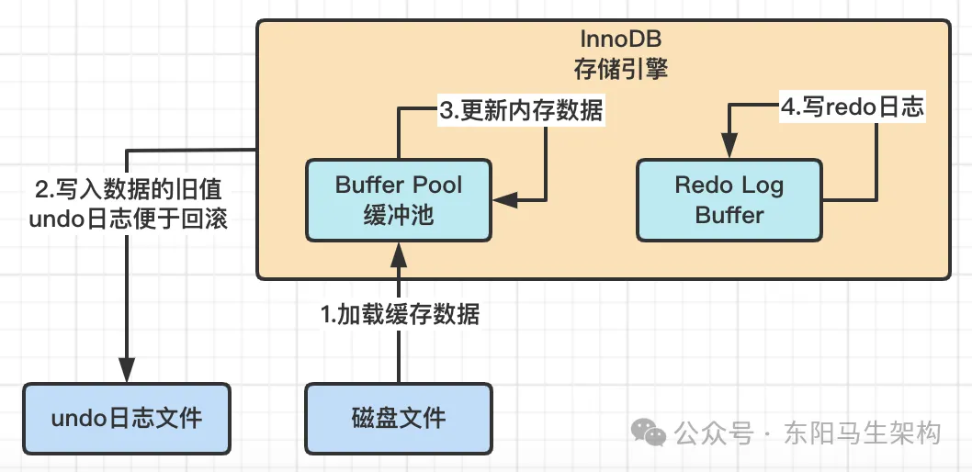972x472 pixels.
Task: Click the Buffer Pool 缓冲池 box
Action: point(398,199)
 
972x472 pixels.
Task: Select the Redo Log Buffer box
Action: point(729,199)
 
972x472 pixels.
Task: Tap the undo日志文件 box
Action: point(127,419)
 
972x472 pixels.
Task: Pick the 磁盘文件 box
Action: point(398,419)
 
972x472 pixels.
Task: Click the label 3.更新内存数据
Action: point(521,111)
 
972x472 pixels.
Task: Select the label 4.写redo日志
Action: point(851,107)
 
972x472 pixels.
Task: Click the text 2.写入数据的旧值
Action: point(127,190)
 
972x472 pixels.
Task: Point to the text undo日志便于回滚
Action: point(127,220)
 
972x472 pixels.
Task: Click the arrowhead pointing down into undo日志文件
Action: point(127,371)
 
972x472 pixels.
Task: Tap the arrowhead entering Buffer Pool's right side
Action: point(504,197)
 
